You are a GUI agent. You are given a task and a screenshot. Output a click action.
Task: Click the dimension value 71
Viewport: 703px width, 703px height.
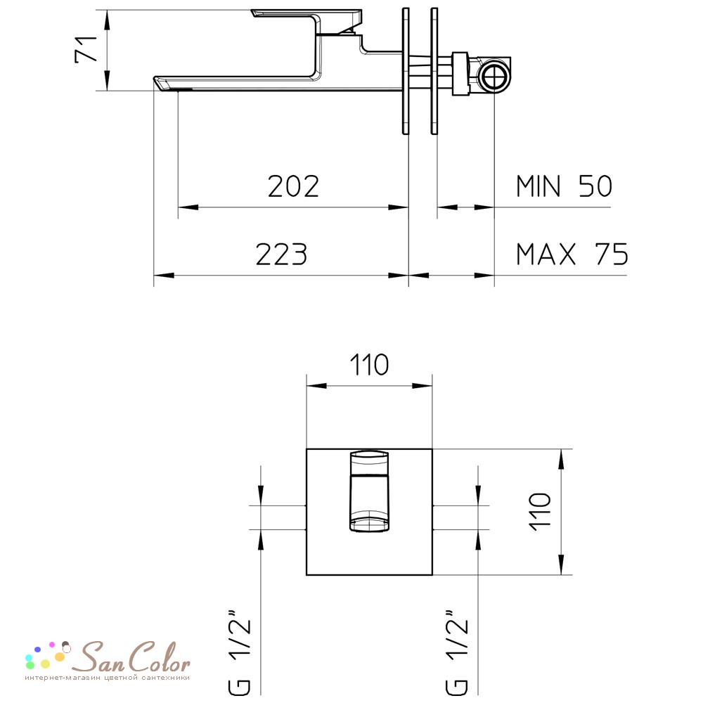coord(86,49)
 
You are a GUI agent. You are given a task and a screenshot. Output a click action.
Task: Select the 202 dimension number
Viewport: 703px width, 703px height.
coord(293,186)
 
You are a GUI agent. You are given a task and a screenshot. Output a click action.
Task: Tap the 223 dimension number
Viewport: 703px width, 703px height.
coord(281,254)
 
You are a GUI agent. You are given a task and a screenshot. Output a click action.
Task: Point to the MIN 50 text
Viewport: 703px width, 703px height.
coord(564,186)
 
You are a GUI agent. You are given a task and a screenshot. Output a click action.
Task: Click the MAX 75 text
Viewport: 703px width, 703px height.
coord(572,254)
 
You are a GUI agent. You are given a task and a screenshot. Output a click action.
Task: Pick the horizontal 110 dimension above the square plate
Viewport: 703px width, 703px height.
coord(369,365)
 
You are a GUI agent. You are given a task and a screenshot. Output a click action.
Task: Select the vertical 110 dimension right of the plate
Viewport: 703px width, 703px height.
coord(540,512)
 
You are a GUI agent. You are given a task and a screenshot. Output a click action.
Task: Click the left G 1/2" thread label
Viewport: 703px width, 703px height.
coord(240,652)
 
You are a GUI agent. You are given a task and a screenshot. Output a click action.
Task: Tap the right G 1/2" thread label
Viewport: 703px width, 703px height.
coord(457,652)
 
